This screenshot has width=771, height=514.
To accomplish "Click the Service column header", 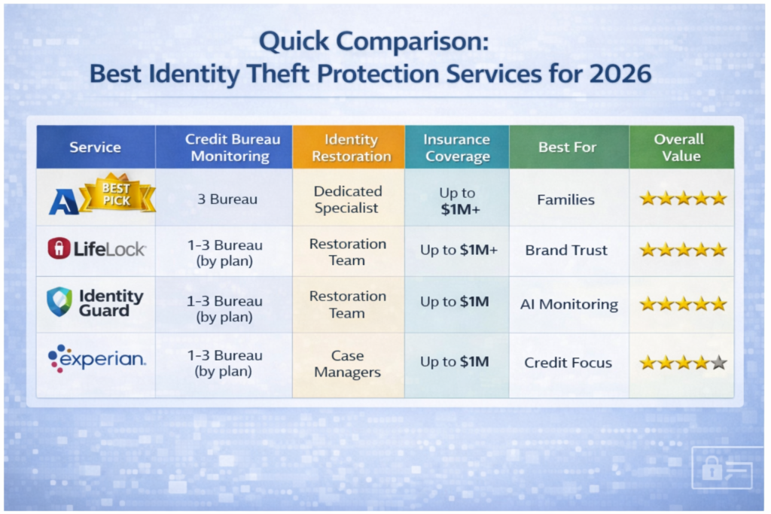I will pos(96,147).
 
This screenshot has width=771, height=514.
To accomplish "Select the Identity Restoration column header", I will pos(348,148).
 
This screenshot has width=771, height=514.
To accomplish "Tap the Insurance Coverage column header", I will pos(456,148).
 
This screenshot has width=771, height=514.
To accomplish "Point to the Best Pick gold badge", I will pos(117,194).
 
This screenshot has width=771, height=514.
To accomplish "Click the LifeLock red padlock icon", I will pos(59,249).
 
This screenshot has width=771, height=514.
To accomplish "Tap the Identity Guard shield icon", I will pos(59,302).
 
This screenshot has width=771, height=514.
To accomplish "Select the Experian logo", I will pos(96,358).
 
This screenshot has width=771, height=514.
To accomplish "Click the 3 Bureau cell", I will pos(224,200).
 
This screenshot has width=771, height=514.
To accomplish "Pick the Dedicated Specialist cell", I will pos(348,199).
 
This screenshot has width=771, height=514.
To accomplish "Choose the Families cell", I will pos(565,200).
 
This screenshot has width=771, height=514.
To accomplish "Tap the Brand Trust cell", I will pos(565,251).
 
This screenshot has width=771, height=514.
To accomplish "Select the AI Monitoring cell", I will pos(568,305).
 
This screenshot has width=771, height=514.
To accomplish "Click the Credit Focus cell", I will pos(568,363).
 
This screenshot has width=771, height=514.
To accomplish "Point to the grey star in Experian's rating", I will pos(718,363).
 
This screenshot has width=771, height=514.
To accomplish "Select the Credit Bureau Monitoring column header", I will pos(224,148).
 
